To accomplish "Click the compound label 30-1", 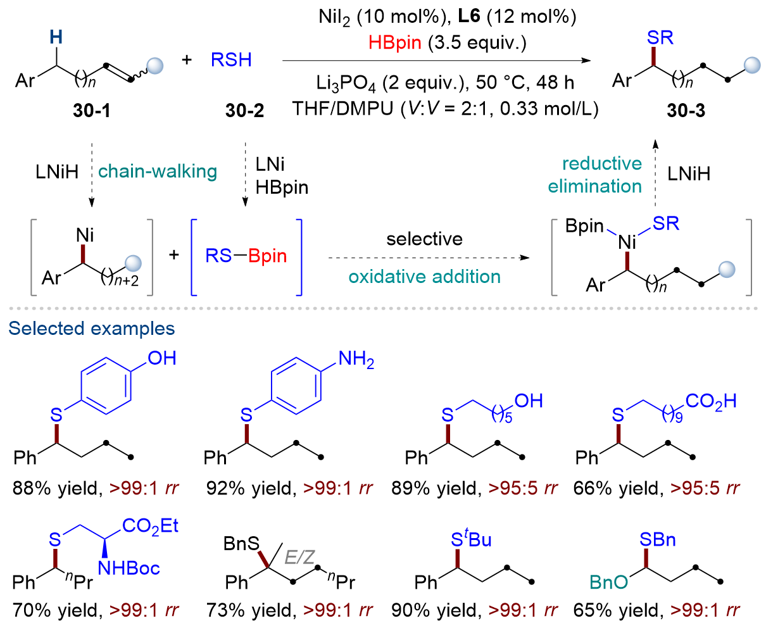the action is point(92,110).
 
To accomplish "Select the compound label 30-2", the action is point(244,110).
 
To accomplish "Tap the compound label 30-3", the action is point(686,110).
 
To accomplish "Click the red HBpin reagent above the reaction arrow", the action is point(395,42).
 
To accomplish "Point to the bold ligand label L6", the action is point(469,16).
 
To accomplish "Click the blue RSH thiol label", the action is point(231,60).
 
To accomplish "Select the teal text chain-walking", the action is point(157,171).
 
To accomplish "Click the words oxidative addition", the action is point(424,277).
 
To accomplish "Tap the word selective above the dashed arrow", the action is point(424,239).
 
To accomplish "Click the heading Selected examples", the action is point(92,328).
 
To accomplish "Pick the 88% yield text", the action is point(57,488).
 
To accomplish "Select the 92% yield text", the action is point(251,488).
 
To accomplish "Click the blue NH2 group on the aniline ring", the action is point(356,359).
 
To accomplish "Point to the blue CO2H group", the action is point(711,403).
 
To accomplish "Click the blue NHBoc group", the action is point(129,568).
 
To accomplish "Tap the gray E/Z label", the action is point(299,557).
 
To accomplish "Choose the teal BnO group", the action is point(609,582).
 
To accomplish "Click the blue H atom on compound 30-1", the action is point(56,37).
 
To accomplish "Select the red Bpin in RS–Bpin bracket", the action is point(267,256).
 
